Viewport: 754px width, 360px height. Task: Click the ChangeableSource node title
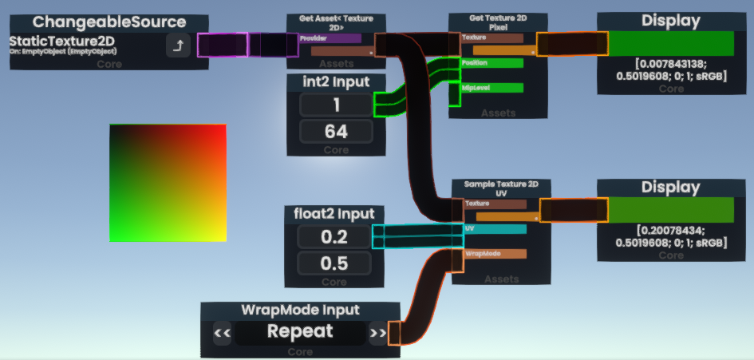point(109,22)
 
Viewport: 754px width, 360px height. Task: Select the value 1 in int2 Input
point(335,105)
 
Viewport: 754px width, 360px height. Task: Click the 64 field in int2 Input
point(335,132)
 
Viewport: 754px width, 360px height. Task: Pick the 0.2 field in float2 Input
point(334,236)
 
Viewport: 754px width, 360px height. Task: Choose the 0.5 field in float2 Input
point(334,263)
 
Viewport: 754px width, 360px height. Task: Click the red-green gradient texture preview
point(168,183)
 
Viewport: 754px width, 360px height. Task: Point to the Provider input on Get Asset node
point(330,38)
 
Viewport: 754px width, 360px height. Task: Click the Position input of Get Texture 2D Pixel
point(491,63)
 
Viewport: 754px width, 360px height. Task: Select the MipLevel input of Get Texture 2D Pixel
point(491,88)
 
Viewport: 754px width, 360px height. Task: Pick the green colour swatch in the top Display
point(671,43)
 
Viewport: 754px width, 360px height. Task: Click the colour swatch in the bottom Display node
point(671,210)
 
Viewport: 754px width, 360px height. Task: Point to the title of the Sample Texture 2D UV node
point(501,188)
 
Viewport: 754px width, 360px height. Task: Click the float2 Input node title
point(334,214)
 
